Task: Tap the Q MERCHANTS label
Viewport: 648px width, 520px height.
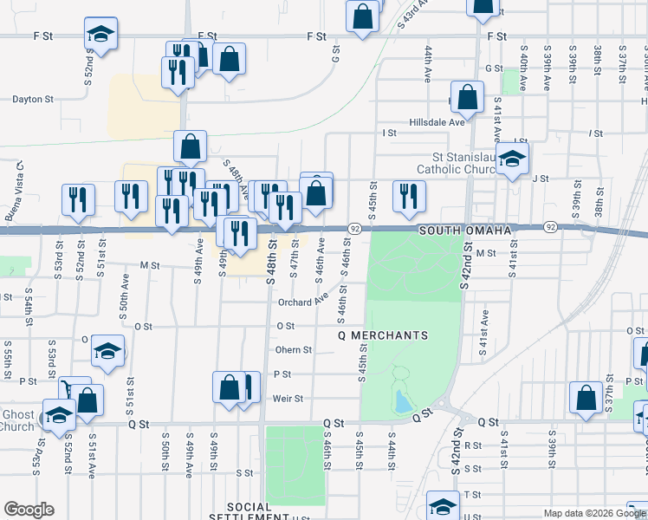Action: (382, 335)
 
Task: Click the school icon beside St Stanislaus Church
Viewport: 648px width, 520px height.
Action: (513, 160)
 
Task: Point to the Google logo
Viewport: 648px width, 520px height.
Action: (29, 510)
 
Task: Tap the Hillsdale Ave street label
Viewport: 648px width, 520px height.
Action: (437, 122)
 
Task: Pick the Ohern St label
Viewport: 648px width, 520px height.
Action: (293, 350)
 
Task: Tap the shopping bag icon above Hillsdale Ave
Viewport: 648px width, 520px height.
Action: (467, 99)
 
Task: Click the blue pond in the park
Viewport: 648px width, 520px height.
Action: (400, 401)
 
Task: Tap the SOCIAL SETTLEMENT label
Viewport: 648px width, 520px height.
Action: (260, 511)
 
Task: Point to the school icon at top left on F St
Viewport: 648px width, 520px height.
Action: (100, 35)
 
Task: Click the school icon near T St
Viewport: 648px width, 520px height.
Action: (444, 507)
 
